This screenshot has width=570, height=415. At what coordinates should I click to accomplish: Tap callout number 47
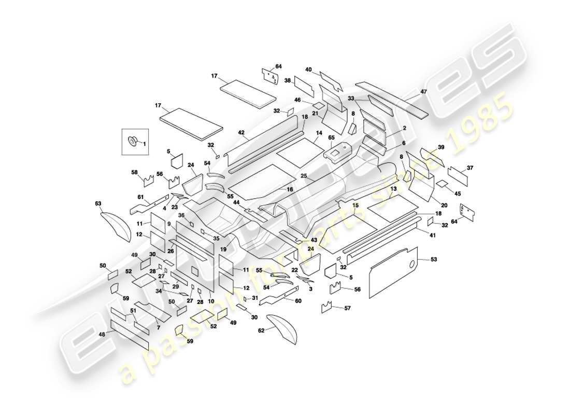423,91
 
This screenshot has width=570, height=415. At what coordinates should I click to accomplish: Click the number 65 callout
331,138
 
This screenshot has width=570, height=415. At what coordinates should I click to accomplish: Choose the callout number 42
241,133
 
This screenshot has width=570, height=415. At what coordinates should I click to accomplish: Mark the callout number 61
140,197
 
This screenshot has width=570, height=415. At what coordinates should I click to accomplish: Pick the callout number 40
308,70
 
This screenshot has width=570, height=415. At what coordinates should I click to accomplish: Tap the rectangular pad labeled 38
304,87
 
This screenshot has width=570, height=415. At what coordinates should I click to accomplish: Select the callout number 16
290,190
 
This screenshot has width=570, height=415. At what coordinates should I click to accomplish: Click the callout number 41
432,235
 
